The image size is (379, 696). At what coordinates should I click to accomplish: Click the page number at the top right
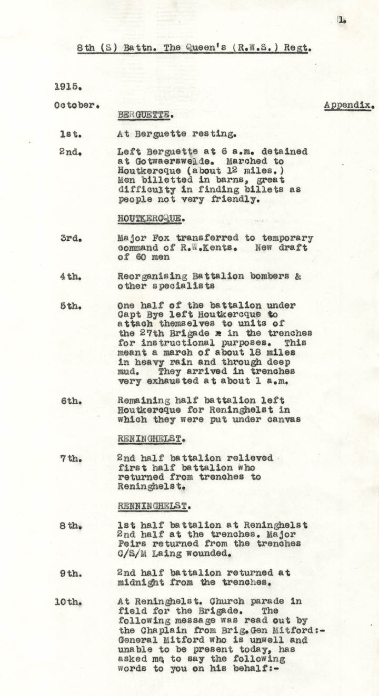pos(342,20)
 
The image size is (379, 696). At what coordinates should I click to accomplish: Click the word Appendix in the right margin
pos(349,105)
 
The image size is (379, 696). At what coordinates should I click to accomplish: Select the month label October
pos(76,105)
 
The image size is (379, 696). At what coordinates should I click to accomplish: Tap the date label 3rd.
pos(70,238)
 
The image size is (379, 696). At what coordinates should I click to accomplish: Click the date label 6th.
pos(71,401)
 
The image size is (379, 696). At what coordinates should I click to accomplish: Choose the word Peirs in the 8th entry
pos(130,544)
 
